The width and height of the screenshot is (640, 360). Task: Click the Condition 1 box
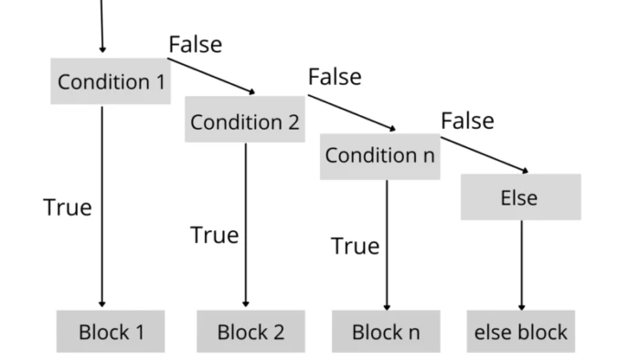click(111, 81)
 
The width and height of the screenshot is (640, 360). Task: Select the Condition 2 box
click(245, 120)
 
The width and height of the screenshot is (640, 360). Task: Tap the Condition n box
click(380, 155)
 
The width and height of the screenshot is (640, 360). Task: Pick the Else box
click(519, 197)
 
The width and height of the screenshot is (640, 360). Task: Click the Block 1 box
click(111, 331)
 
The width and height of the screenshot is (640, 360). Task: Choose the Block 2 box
click(251, 331)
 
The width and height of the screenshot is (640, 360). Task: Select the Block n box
click(385, 331)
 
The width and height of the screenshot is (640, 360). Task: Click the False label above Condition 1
click(195, 44)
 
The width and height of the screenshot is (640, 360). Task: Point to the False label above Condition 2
click(335, 78)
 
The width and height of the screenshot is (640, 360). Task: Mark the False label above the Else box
click(467, 121)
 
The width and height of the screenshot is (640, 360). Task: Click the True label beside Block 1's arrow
click(68, 207)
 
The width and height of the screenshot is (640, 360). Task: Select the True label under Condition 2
click(214, 235)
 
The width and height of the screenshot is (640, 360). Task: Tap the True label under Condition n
click(355, 246)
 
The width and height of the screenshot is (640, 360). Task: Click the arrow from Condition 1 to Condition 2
click(212, 78)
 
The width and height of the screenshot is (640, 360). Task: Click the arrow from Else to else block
click(521, 265)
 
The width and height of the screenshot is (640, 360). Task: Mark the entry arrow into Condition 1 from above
click(101, 26)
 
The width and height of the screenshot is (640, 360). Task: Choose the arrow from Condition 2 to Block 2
click(245, 224)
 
